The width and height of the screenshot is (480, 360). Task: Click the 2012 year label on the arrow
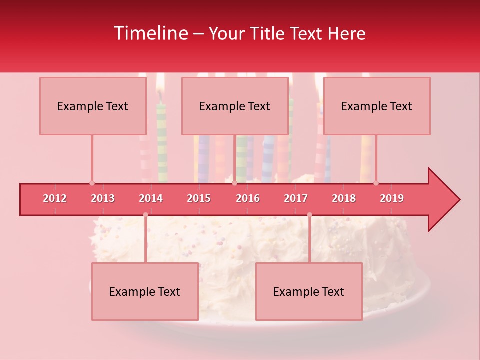tap(55, 198)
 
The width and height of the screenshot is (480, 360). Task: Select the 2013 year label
tap(103, 198)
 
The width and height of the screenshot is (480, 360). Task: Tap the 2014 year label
tap(151, 198)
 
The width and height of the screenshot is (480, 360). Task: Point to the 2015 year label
tap(199, 198)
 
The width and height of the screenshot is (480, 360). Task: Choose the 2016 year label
tap(248, 198)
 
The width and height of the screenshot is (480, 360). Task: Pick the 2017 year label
tap(296, 198)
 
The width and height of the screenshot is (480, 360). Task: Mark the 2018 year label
tap(344, 198)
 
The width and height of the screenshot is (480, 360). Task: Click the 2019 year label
tap(392, 198)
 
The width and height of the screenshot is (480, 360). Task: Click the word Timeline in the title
tap(150, 33)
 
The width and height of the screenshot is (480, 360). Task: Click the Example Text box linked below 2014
tap(145, 291)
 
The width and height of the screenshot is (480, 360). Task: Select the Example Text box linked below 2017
tap(309, 291)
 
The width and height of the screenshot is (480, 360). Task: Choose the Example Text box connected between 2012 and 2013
tap(93, 106)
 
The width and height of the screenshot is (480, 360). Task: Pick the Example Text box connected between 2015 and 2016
tap(235, 106)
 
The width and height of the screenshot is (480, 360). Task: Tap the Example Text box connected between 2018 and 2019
tap(377, 106)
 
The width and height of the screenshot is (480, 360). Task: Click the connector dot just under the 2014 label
tap(145, 214)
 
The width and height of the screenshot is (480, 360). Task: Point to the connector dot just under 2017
tap(309, 214)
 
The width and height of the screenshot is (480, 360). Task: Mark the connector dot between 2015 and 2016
tap(234, 183)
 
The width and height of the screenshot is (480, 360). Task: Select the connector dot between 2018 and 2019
tap(376, 183)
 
